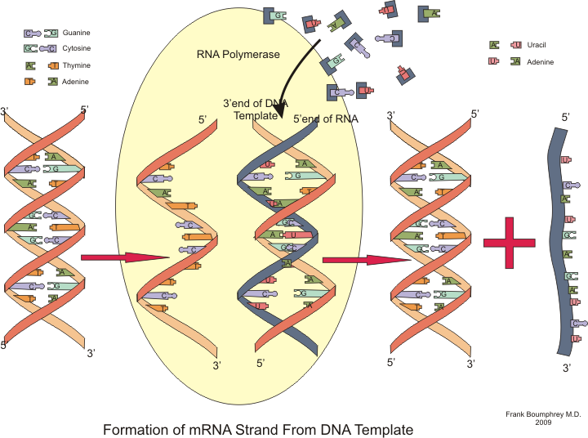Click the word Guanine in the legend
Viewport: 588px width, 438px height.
pos(76,33)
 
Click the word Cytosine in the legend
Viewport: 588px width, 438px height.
pos(78,48)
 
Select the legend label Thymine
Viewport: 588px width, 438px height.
pos(76,65)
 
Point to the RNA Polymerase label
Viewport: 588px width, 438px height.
pos(238,55)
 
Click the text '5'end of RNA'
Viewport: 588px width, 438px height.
pos(325,119)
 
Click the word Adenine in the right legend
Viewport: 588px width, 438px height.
pos(541,62)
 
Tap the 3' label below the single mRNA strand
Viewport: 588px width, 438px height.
pos(566,368)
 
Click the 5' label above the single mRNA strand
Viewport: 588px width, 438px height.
pos(565,118)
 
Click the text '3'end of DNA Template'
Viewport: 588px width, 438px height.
pos(256,109)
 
